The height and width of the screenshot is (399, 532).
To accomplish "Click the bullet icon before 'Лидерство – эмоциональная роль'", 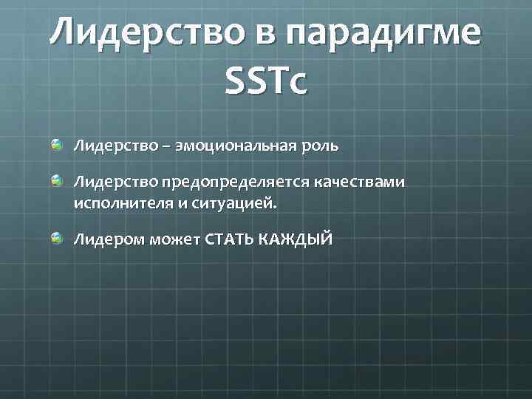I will (x=57, y=145).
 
